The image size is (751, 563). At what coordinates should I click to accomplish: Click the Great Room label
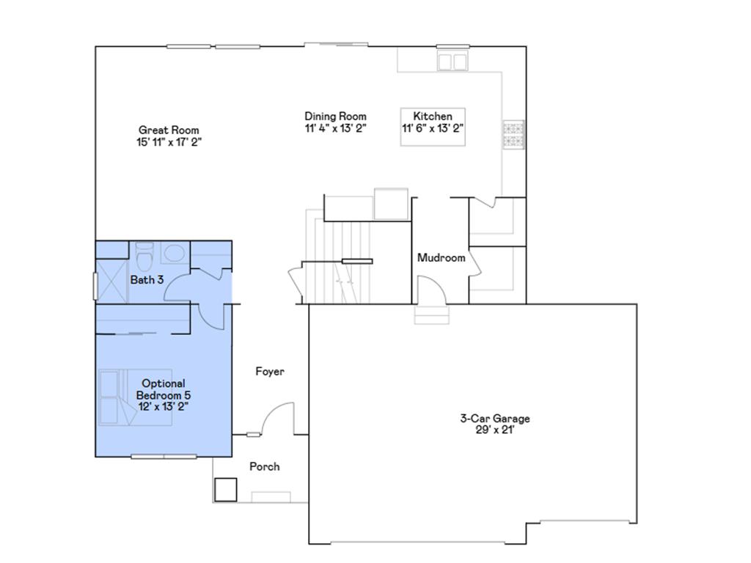169,130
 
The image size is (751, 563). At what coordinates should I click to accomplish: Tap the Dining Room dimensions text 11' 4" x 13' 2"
335,128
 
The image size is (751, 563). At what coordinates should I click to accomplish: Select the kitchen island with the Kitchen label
433,127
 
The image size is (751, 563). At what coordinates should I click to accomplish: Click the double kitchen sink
453,61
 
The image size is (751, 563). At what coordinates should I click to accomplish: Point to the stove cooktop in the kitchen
513,133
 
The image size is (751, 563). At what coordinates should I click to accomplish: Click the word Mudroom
441,258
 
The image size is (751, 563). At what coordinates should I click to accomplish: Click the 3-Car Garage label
494,419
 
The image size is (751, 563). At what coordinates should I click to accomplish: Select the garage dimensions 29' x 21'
494,430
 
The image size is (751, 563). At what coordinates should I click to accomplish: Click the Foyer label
269,372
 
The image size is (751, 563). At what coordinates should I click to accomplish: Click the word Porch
264,466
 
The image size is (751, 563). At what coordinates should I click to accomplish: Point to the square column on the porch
226,489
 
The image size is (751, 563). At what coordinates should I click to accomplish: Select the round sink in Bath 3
174,254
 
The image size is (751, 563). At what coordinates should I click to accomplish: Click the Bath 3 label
147,280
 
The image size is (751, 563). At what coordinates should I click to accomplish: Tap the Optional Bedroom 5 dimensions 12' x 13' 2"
164,405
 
